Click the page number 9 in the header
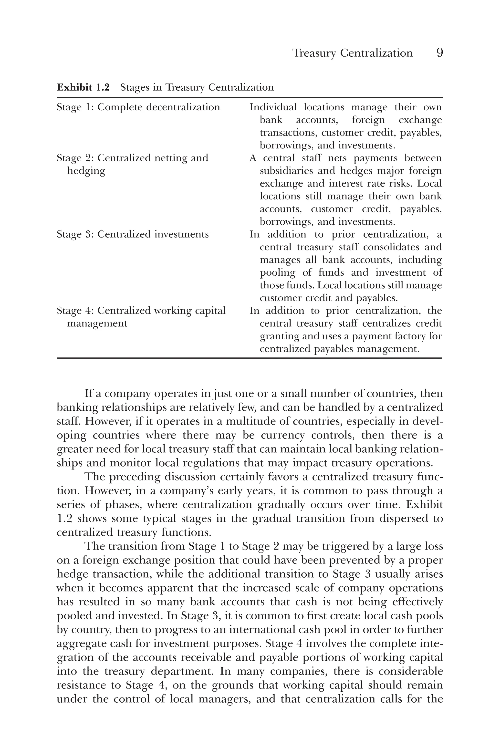coord(439,53)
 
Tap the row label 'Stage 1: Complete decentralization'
coord(138,107)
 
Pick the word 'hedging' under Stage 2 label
coord(86,171)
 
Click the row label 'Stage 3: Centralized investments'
coord(133,234)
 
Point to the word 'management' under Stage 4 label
coord(97,323)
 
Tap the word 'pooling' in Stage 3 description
coord(273,273)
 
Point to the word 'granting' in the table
coord(275,336)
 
